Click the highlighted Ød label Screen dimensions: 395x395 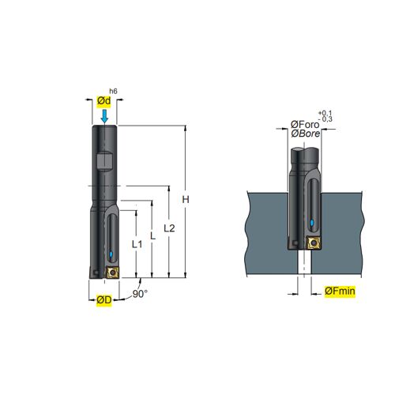point(104,101)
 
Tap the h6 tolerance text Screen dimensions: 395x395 point(113,91)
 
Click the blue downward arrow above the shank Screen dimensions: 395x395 point(104,116)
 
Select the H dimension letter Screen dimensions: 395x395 point(186,200)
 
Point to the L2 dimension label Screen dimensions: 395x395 point(169,228)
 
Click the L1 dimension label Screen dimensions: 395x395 point(137,244)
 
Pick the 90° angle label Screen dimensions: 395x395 point(140,294)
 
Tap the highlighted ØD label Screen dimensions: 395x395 point(104,299)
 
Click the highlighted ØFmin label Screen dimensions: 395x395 point(340,292)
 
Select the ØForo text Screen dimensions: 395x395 point(305,125)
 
